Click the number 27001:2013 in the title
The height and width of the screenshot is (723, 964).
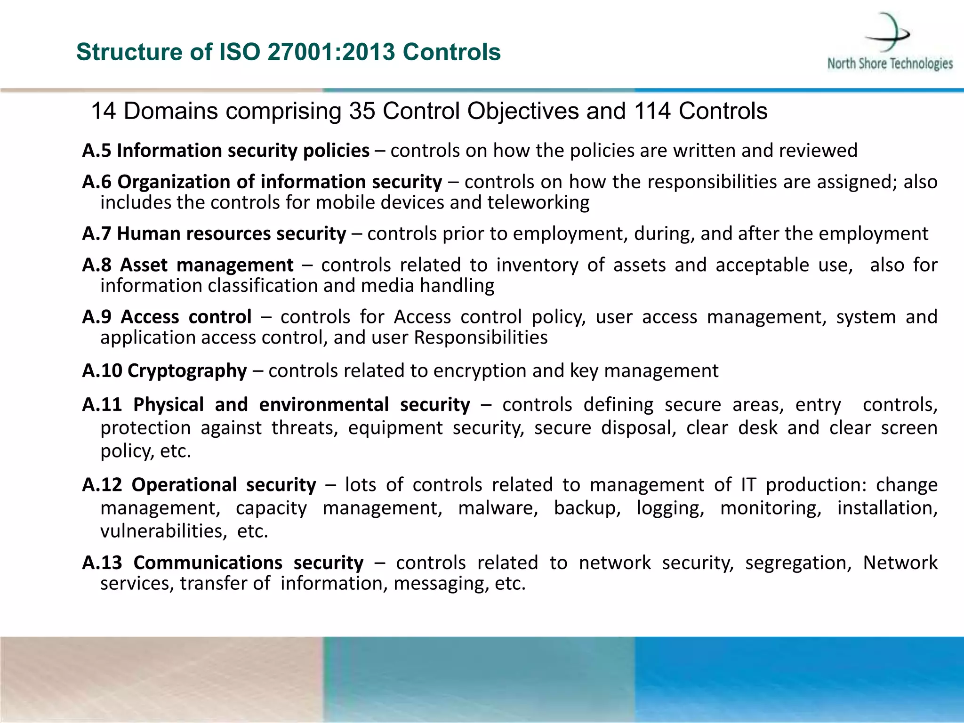(331, 52)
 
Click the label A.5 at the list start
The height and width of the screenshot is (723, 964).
(96, 151)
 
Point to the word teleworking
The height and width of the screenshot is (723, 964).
(538, 203)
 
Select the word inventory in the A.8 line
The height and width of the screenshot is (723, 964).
(537, 265)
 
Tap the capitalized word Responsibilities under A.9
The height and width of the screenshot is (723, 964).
(481, 338)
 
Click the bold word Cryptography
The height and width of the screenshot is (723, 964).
(187, 371)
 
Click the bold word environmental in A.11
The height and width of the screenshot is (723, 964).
(324, 405)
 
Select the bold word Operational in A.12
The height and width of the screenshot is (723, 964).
(184, 485)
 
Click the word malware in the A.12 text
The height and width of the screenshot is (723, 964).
(498, 508)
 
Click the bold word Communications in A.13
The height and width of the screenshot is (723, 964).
(208, 563)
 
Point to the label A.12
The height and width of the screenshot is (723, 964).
(102, 485)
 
